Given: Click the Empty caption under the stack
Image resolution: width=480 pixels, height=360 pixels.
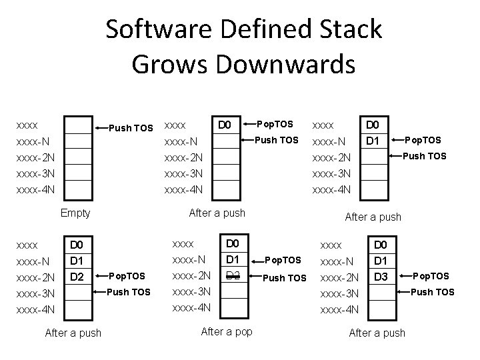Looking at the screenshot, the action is pos(75,213).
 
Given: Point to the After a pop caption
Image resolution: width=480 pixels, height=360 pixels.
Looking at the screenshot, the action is pos(227,331).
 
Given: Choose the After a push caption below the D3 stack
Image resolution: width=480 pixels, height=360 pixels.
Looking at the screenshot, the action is pos(377,332).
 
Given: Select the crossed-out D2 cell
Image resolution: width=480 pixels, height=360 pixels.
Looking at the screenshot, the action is pos(233,275).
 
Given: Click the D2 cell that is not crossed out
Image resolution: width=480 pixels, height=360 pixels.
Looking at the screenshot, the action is pos(77,275).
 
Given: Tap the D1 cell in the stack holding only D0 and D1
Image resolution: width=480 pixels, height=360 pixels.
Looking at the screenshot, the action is pos(373,141).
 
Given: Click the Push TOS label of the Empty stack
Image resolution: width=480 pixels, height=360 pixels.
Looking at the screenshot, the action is pos(131,127).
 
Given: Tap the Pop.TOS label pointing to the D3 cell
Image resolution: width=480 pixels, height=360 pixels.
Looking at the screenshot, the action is pos(431,276).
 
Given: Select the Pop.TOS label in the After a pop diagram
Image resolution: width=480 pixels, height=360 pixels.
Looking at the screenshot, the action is pos(283,260).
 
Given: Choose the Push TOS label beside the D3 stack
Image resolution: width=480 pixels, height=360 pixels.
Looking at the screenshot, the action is pos(432,292).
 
